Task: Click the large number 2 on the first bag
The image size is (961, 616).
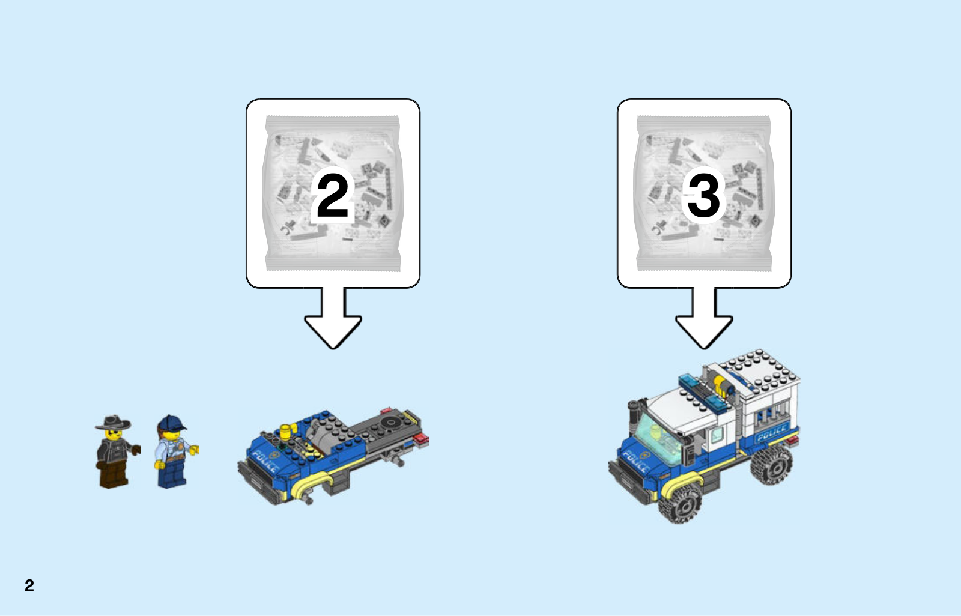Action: [x=333, y=196]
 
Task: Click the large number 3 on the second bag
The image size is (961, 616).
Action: [x=703, y=196]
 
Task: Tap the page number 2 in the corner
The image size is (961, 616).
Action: [x=29, y=585]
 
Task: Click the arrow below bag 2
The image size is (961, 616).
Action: [x=333, y=318]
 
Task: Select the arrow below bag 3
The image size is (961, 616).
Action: [x=704, y=318]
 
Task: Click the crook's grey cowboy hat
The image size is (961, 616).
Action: [x=114, y=422]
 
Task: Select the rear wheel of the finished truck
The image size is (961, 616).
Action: [x=771, y=464]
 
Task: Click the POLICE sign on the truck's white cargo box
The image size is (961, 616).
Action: [x=772, y=432]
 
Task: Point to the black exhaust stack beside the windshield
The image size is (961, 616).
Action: [x=633, y=418]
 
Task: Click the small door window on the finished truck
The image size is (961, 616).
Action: [x=717, y=435]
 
